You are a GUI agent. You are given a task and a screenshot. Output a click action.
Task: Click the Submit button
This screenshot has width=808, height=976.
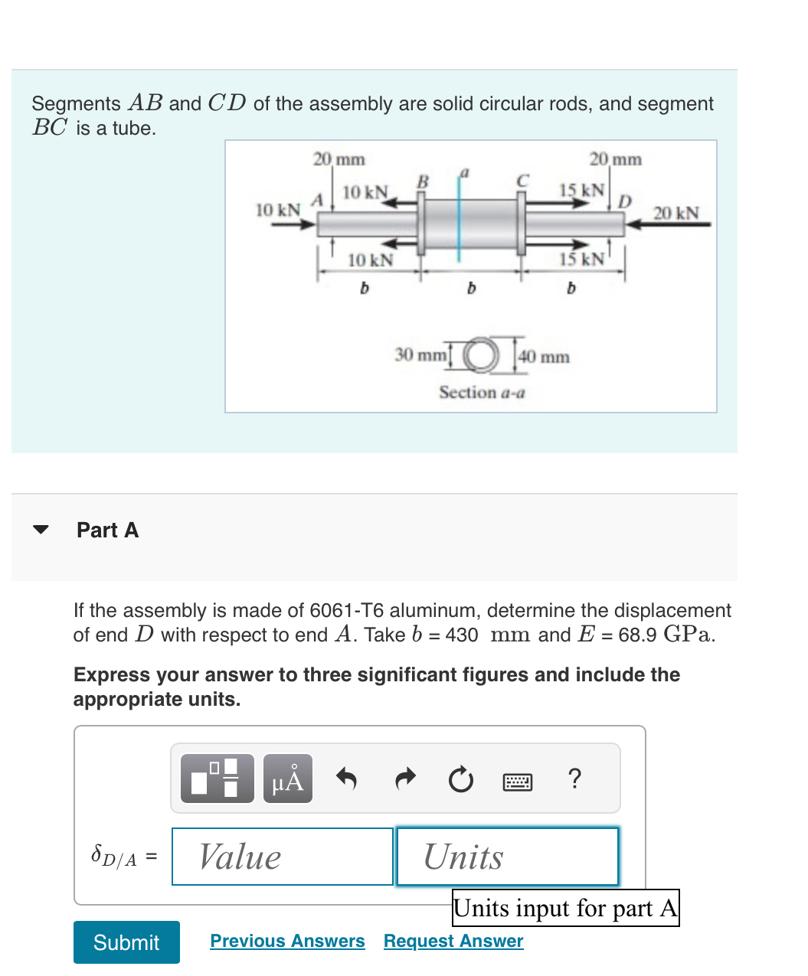pos(126,942)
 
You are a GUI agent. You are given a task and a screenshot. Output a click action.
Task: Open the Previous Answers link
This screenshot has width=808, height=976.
pos(287,941)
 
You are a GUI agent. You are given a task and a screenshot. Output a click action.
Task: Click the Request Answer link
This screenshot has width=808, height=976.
pos(453,941)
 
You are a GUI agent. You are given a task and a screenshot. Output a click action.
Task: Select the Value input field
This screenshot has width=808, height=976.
pos(283,857)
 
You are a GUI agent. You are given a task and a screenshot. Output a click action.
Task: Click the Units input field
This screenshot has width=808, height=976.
pos(507,857)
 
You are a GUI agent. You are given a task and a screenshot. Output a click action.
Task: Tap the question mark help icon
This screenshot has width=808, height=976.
pos(574,779)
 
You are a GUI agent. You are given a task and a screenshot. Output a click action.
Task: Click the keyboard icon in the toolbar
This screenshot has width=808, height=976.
pos(518,781)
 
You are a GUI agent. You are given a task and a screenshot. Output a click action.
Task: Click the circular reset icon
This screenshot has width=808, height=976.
pos(460,780)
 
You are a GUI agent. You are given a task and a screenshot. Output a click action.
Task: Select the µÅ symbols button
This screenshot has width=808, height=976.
pos(287,779)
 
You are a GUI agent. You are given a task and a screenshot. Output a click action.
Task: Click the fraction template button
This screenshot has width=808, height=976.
pos(217,779)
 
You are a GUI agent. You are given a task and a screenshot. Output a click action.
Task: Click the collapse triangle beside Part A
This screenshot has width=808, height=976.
pos(41,530)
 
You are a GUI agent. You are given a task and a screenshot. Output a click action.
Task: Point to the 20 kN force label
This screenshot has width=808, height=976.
pos(676,213)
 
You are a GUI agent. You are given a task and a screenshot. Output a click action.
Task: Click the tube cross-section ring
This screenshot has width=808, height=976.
pos(480,354)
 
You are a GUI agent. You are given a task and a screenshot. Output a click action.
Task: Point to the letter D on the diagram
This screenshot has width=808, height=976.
pos(625,201)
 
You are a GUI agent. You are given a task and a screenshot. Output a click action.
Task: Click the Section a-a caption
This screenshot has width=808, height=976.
pos(482,393)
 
